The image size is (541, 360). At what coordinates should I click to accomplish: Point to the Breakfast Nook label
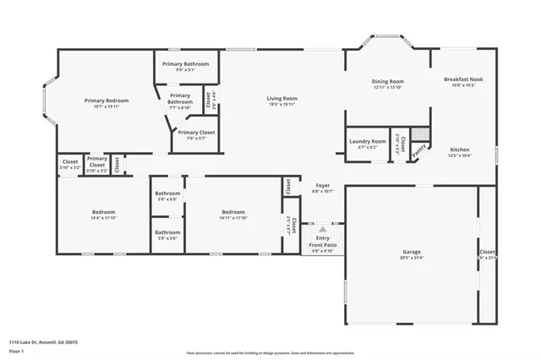(462, 79)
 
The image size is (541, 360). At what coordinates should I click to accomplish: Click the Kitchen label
(459, 150)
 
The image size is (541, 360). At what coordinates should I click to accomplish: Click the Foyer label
(323, 185)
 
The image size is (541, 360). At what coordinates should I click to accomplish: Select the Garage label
(411, 253)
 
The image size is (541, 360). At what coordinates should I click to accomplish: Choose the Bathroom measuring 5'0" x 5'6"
(167, 232)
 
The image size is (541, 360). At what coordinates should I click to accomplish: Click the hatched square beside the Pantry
(428, 135)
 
